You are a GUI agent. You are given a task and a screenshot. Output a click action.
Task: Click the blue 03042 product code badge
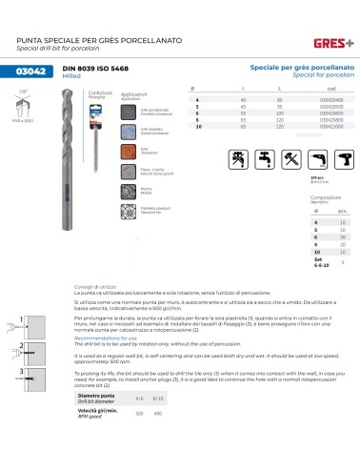pos(35,72)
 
